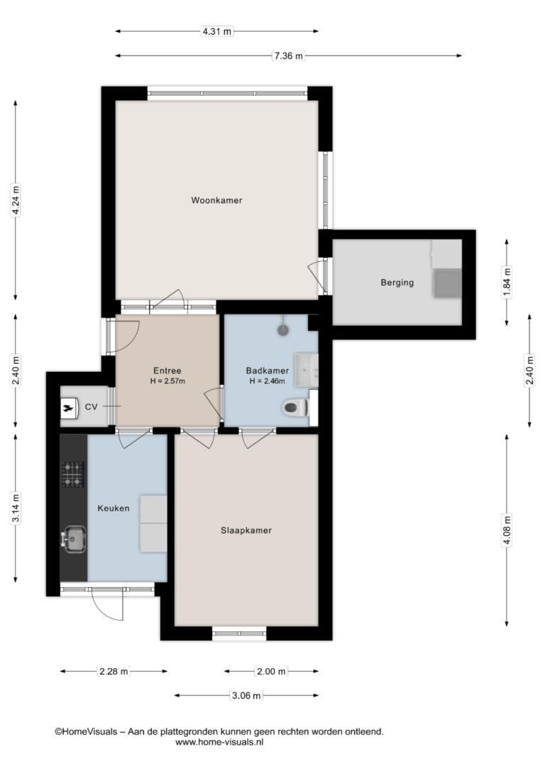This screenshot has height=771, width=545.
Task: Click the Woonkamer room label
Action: click(x=216, y=200)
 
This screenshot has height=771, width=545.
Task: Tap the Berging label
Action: click(x=397, y=283)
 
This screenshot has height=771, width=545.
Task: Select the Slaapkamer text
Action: click(x=246, y=530)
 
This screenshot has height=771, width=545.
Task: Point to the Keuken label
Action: click(x=114, y=508)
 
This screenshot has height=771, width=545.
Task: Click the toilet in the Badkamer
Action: click(x=295, y=407)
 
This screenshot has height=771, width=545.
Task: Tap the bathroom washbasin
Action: click(x=306, y=370)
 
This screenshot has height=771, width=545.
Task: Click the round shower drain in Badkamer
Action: click(x=283, y=330)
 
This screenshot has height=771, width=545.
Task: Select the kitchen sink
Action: click(x=74, y=539)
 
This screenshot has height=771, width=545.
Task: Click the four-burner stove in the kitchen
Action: click(x=72, y=474)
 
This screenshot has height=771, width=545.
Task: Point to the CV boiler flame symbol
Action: click(x=70, y=407)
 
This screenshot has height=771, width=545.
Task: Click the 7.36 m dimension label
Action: click(x=289, y=56)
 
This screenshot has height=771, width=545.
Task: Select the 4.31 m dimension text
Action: click(x=216, y=31)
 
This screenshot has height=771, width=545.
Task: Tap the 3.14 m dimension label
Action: click(x=16, y=508)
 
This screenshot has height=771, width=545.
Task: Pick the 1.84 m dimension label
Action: click(x=507, y=282)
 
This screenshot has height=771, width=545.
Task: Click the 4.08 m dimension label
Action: click(x=507, y=530)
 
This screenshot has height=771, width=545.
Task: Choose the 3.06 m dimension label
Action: click(x=246, y=696)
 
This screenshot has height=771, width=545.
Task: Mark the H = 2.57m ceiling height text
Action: click(x=167, y=381)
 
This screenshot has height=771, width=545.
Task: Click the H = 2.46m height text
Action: click(x=268, y=381)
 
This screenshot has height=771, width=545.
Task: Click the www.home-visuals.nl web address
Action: click(x=219, y=743)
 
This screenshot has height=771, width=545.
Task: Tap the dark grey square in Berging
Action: click(x=446, y=283)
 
